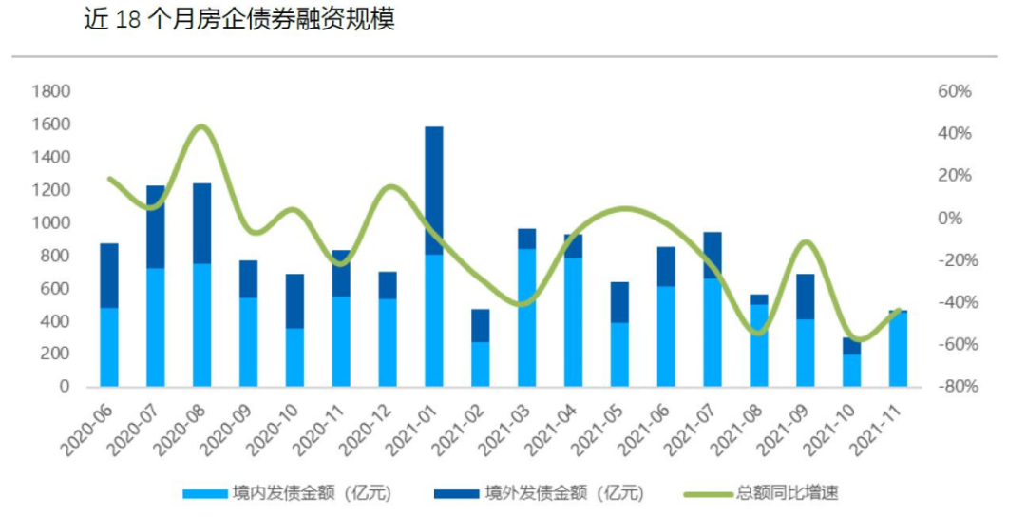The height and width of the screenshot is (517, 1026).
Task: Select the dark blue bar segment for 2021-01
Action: pos(434,190)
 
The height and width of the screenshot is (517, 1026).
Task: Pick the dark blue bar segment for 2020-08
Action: pos(201,223)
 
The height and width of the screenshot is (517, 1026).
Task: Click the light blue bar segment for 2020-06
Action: pos(109,347)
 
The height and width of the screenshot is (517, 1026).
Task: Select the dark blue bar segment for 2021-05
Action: pos(619,302)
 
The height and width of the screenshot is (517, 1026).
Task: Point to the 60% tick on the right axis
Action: pos(954,92)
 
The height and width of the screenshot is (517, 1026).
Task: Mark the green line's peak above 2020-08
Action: pos(200,126)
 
